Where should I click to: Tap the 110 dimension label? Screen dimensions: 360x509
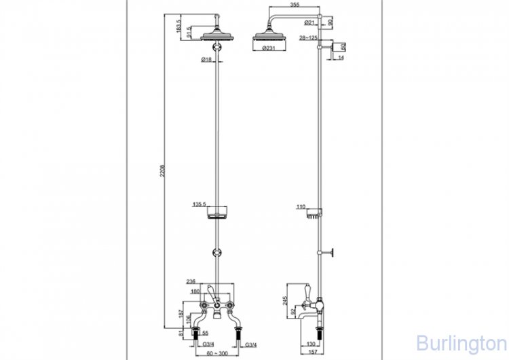301,206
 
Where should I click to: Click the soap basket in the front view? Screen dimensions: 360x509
217,215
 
